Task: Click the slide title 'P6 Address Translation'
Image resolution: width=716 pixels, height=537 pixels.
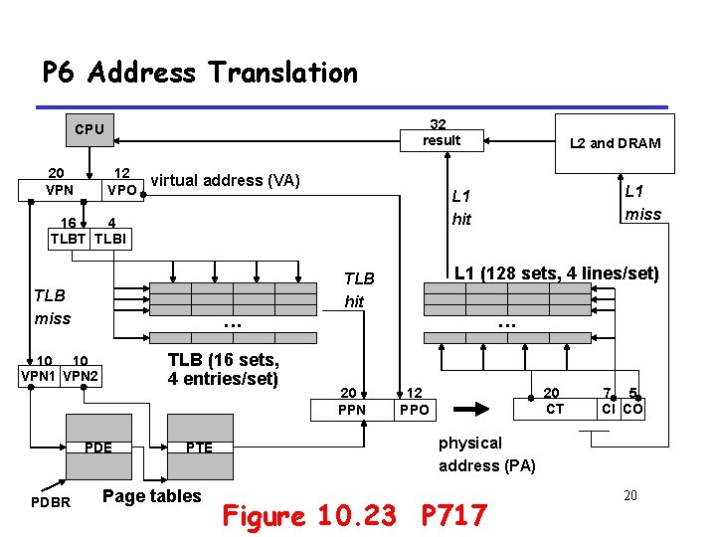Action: point(199,73)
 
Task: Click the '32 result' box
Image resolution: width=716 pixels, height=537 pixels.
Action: point(441,132)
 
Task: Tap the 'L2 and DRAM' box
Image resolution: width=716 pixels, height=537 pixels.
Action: point(615,142)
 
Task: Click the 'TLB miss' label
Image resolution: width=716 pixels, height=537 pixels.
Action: point(52,306)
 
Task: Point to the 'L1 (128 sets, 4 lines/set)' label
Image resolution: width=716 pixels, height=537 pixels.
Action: point(556,272)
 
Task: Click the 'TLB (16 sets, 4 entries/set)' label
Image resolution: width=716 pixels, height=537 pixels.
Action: point(223,369)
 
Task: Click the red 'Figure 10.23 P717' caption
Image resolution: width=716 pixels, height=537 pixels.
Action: point(354,515)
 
